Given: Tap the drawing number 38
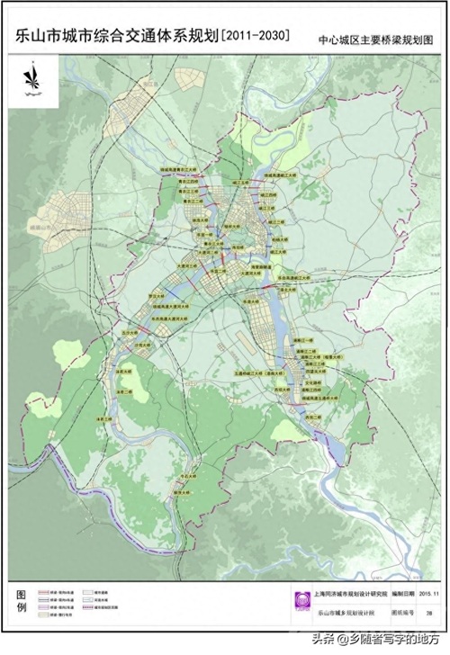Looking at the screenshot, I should tap(429, 612).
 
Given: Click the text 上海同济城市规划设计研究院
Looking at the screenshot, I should tap(344, 594).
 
